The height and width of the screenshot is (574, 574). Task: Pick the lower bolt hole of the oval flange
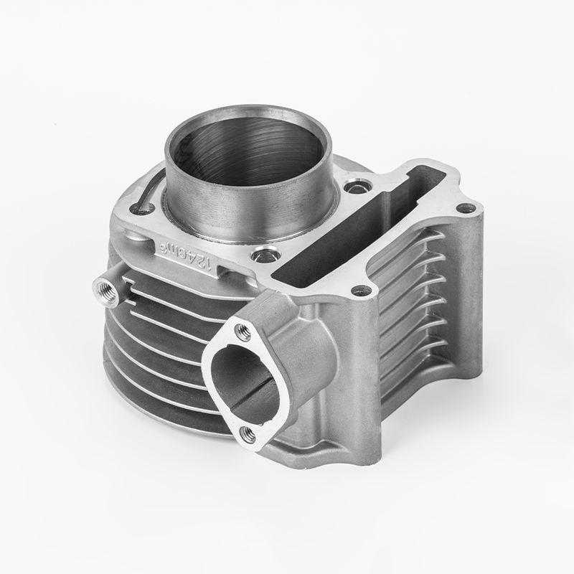[247, 432]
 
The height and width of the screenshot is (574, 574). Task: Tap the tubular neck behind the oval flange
[301, 337]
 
